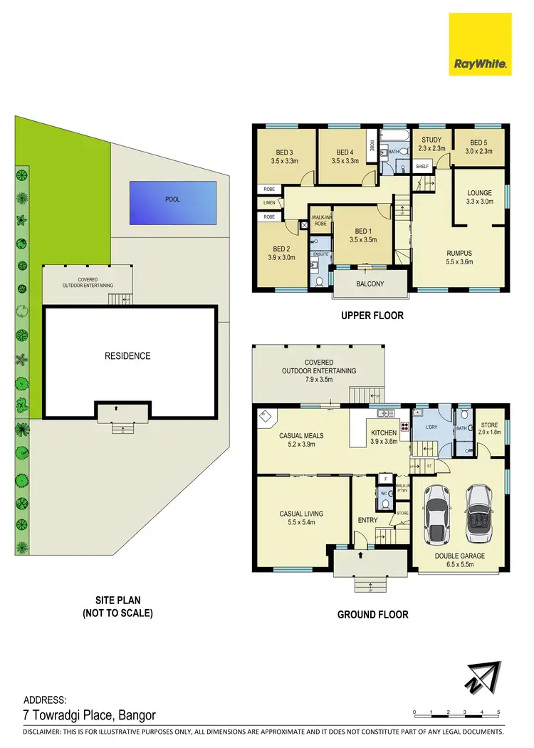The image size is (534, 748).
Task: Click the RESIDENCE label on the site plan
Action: click(129, 355)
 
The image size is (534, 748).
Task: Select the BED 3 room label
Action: click(285, 152)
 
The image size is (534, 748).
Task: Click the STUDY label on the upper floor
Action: click(431, 140)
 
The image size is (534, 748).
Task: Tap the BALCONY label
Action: click(370, 284)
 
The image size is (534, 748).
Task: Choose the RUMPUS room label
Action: click(459, 253)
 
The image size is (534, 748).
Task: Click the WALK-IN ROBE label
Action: click(320, 219)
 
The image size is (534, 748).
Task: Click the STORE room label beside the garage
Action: click(488, 425)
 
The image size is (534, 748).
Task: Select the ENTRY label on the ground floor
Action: click(367, 520)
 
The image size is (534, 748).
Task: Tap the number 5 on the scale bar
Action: click(498, 712)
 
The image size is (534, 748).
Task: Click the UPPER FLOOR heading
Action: click(372, 316)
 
